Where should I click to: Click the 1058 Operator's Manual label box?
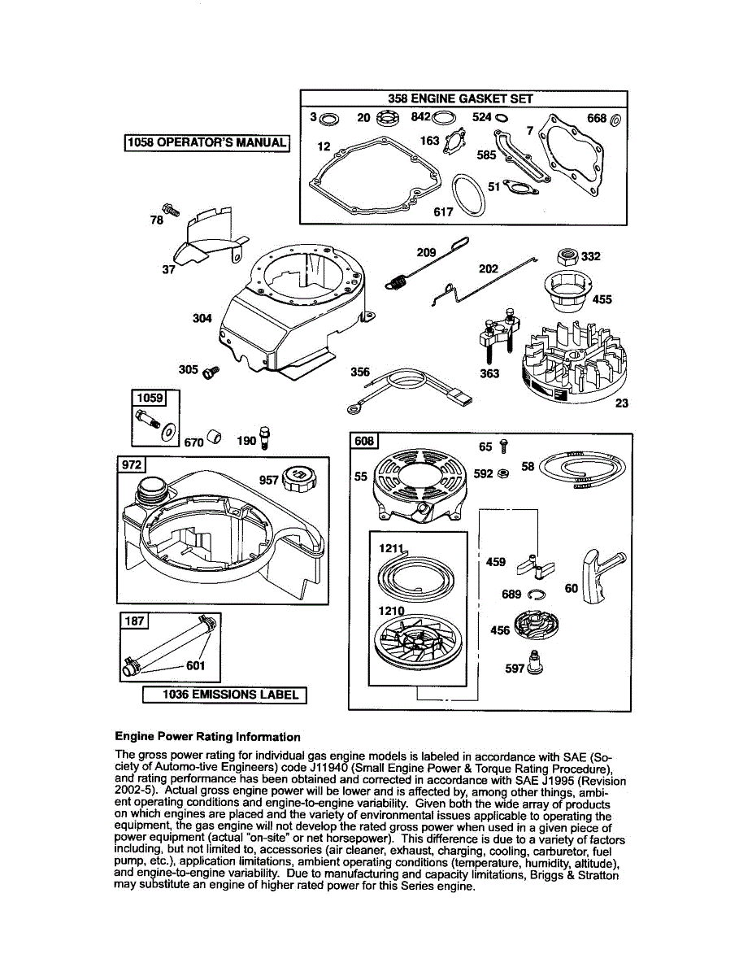tap(207, 142)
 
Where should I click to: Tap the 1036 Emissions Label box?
tap(225, 695)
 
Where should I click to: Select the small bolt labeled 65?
tap(504, 446)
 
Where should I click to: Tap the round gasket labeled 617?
tap(468, 195)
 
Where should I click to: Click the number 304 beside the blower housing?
tap(202, 318)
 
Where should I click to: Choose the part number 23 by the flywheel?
tap(622, 403)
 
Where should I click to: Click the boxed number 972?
tap(133, 464)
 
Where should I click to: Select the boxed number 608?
tap(364, 441)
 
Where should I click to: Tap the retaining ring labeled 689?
tap(534, 595)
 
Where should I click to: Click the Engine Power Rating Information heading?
tap(207, 737)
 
